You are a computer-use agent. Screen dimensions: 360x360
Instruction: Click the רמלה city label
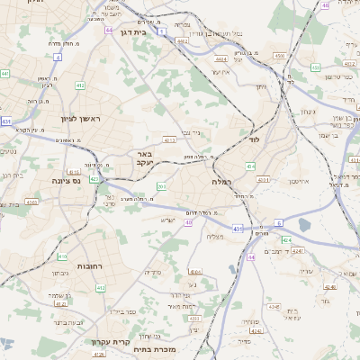[x=222, y=182]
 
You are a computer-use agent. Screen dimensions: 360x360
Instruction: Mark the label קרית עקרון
[x=111, y=341]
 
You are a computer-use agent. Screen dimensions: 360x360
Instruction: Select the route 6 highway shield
[x=279, y=222]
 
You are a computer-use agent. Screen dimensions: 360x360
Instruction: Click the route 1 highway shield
[x=161, y=31]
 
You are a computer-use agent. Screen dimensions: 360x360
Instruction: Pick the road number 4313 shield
[x=168, y=140]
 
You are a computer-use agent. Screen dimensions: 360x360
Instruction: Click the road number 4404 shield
[x=220, y=59]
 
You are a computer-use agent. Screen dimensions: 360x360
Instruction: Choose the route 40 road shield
[x=189, y=221]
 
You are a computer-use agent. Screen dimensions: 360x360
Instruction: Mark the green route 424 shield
[x=286, y=240]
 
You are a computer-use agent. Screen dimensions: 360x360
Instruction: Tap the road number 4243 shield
[x=300, y=250]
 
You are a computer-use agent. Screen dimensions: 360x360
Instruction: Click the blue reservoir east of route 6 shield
[x=304, y=224]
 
